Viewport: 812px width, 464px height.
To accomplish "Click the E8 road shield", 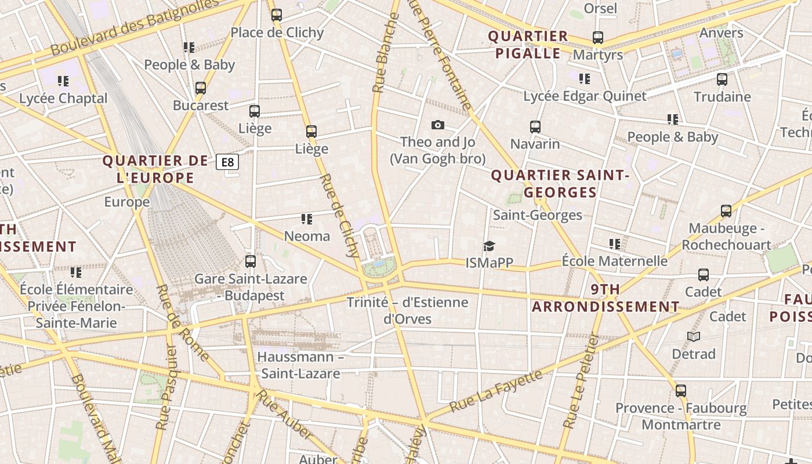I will [227, 162].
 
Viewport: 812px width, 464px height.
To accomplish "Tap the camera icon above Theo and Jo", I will [438, 125].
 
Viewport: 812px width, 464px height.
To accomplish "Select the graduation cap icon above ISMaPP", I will [490, 246].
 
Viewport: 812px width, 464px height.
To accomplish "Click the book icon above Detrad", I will [694, 336].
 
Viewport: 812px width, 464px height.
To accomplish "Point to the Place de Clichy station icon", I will [277, 15].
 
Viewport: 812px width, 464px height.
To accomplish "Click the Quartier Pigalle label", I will [528, 45].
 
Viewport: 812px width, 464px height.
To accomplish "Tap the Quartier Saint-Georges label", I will [560, 183].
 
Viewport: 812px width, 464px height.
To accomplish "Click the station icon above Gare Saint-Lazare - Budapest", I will [251, 262].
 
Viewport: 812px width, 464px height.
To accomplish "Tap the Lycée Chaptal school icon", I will [63, 81].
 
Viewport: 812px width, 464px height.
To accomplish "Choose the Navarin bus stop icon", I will [535, 126].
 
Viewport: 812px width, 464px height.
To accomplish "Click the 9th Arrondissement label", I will [606, 298].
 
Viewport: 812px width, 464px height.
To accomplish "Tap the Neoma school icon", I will [307, 219].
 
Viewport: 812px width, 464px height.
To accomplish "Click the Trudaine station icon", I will [722, 79].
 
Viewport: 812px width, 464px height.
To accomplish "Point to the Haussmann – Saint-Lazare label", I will [300, 365].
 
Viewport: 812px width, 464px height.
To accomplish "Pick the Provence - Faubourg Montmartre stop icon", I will [681, 391].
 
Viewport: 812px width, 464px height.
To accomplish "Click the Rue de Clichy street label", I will [339, 215].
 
